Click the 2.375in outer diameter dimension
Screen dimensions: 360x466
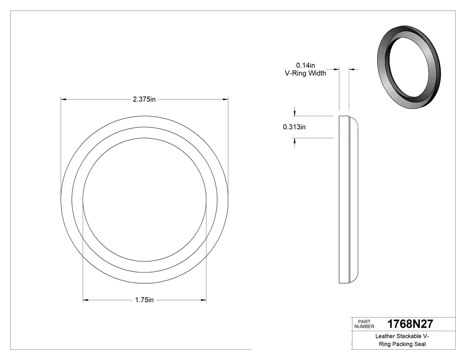click(144, 99)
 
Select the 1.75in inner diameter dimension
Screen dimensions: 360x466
click(144, 300)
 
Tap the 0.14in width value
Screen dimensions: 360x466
click(305, 65)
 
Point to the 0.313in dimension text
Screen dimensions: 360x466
click(294, 127)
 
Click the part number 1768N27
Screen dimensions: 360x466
click(410, 324)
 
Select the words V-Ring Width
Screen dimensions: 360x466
click(305, 73)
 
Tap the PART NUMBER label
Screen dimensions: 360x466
click(364, 324)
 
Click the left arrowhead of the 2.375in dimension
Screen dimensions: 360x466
click(63, 99)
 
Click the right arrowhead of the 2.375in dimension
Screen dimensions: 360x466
click(225, 99)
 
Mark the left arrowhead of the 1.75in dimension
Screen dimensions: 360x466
click(86, 300)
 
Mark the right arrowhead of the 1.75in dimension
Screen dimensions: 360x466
click(203, 300)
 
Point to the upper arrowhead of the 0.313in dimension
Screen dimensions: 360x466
click(294, 113)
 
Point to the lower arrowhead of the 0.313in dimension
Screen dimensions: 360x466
click(294, 141)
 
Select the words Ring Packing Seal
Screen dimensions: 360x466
click(402, 344)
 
